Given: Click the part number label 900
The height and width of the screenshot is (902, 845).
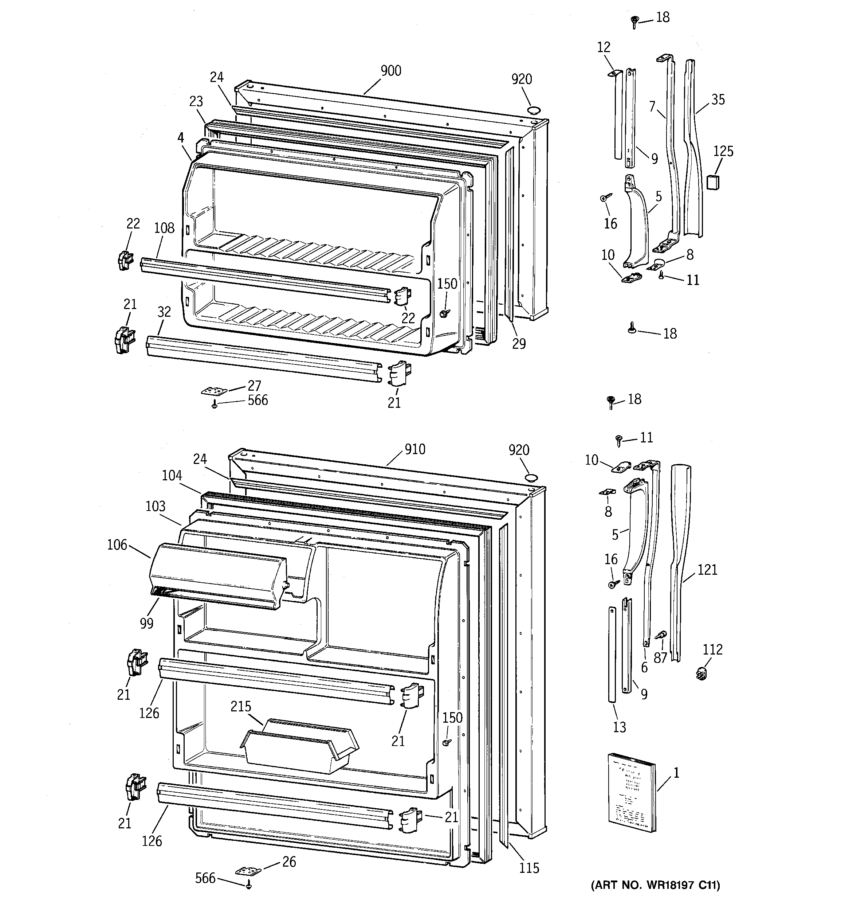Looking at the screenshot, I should (390, 71).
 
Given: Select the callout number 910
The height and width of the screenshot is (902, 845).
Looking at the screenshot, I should (414, 449).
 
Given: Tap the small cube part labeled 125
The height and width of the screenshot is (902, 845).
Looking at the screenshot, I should (714, 182).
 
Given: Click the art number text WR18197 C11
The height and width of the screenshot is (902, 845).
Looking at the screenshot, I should (655, 885).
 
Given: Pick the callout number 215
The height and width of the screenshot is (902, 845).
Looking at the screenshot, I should (240, 706).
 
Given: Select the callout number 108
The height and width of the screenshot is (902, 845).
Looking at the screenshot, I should (164, 228).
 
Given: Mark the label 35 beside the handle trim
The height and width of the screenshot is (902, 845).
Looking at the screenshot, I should (718, 99).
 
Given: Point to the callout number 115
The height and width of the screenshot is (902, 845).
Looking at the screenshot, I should (529, 868).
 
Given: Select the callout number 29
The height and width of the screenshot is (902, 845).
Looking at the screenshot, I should (519, 344).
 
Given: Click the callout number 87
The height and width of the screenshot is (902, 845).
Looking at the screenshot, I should (660, 657).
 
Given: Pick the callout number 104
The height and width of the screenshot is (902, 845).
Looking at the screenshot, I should (172, 476).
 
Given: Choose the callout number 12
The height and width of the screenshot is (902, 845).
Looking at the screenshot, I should (604, 47).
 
